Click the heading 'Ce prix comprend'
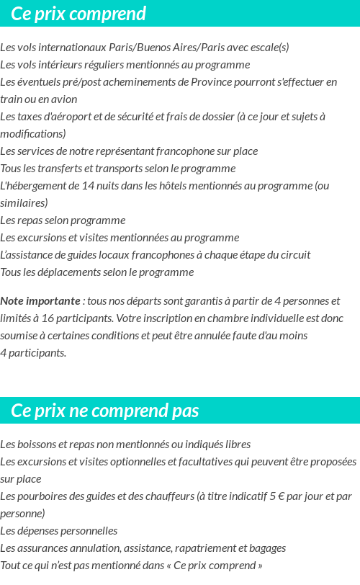point(78,14)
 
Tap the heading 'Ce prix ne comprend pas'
point(105,411)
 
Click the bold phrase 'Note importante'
point(40,301)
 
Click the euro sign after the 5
point(274,496)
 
